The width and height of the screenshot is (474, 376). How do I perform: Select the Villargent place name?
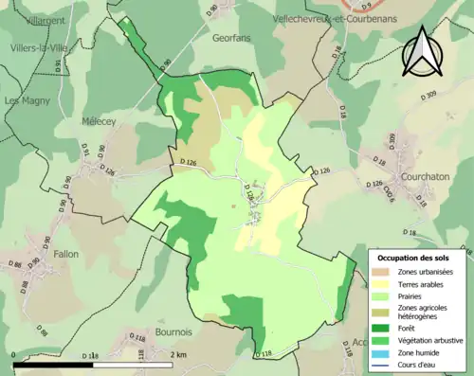[x=32, y=19]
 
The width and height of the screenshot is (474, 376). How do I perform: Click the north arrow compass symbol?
[x=421, y=52]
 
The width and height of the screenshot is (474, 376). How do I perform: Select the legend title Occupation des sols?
[x=413, y=257]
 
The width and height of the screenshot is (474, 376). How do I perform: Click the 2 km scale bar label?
[x=179, y=354]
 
